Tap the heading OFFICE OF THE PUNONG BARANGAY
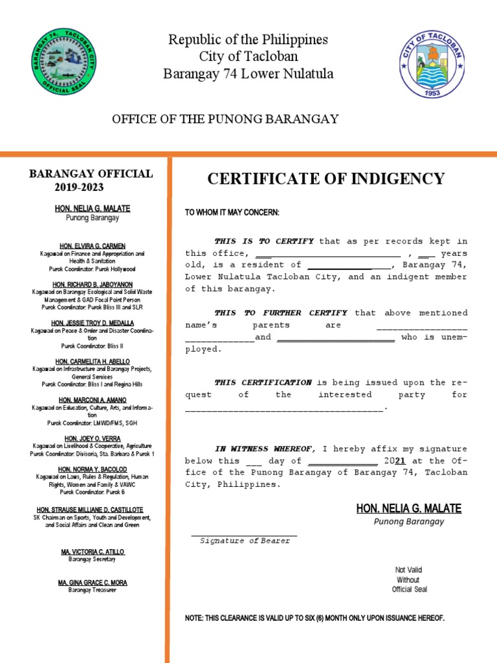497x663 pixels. pyautogui.click(x=226, y=118)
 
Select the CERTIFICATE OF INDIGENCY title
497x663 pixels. pyautogui.click(x=326, y=179)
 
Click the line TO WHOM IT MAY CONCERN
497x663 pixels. pyautogui.click(x=232, y=213)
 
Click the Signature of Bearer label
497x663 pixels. pyautogui.click(x=245, y=541)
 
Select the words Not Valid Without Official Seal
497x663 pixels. pyautogui.click(x=409, y=579)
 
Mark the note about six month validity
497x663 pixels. pyautogui.click(x=315, y=618)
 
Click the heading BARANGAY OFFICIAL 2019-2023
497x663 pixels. pyautogui.click(x=91, y=181)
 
